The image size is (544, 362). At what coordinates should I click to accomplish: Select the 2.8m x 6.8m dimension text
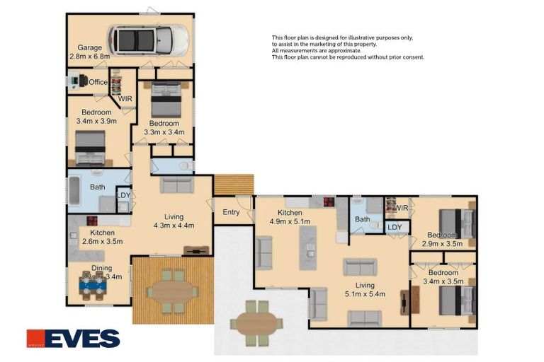pos(90,56)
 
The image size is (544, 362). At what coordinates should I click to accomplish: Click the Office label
pos(98,82)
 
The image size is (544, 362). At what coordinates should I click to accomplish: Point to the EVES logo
pos(73,339)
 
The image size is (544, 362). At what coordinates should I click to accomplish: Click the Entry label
pos(231,212)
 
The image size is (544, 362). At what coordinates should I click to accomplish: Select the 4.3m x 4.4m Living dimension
pos(174,226)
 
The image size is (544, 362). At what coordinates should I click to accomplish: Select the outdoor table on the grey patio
pos(256,322)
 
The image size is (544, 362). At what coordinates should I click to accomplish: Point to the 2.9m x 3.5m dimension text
pos(442,243)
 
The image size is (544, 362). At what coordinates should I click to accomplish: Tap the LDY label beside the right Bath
pos(395,227)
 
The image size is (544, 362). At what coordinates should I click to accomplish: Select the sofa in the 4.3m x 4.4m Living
pos(176,185)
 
